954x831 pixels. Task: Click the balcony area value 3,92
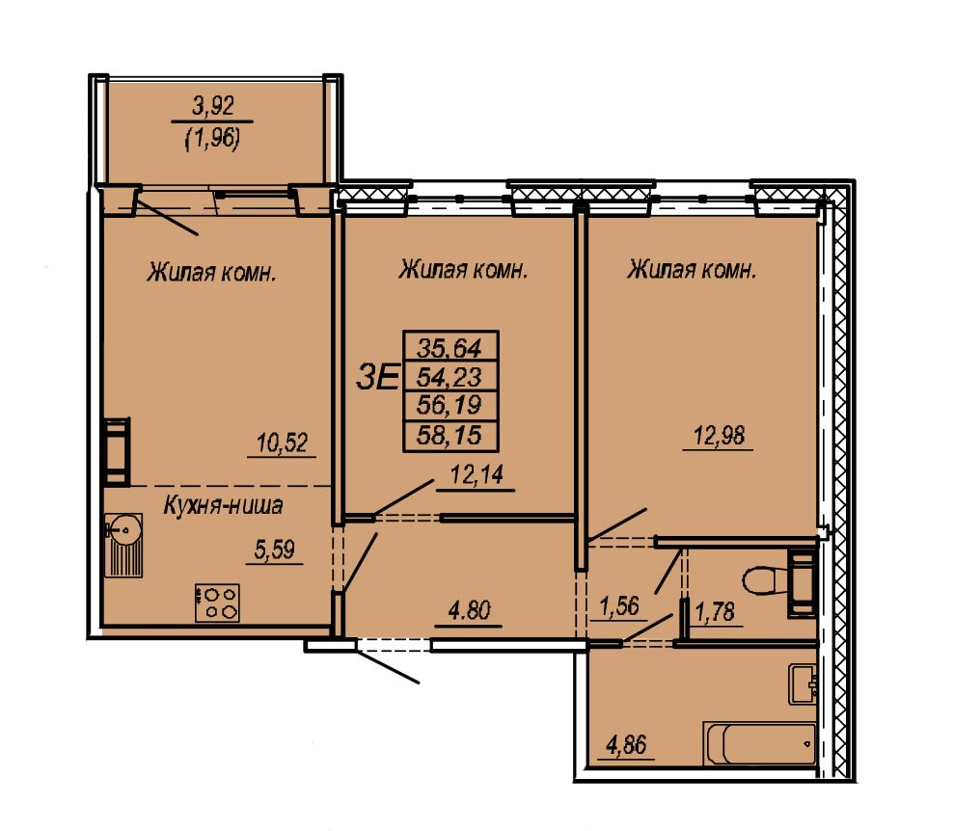[213, 107]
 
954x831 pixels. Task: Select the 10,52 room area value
[283, 442]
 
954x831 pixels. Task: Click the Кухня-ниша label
[223, 506]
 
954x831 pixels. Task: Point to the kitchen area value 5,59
[274, 550]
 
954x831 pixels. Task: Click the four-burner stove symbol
[217, 603]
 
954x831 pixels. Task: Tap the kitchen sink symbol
[124, 545]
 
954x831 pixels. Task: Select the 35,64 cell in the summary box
[450, 347]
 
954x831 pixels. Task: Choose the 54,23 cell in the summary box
[450, 377]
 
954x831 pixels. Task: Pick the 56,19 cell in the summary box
[450, 406]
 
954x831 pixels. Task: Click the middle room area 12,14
[477, 474]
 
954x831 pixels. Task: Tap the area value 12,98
[720, 435]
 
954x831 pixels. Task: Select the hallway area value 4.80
[469, 610]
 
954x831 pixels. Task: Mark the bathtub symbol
[760, 743]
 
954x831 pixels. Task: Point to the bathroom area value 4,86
[626, 744]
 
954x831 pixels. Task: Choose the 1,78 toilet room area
[715, 610]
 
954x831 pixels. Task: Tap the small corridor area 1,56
[618, 605]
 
